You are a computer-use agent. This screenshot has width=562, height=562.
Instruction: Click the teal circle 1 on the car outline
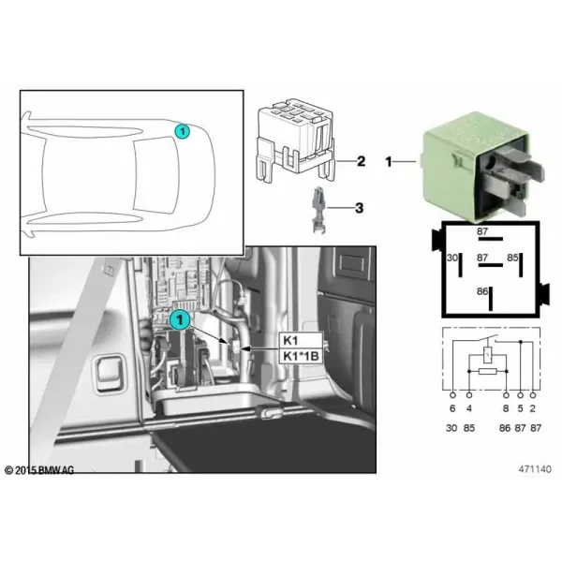(x=183, y=131)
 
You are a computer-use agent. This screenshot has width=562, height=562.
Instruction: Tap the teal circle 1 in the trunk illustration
(x=180, y=319)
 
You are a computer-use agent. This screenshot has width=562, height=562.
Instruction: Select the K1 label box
(x=301, y=340)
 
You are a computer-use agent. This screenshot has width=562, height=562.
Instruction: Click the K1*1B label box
(x=301, y=356)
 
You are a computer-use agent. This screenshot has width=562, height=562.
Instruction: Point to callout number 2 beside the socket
(x=361, y=161)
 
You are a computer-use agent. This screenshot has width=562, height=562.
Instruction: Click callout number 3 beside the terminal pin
(x=359, y=208)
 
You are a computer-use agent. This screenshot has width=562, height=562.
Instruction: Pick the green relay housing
(x=482, y=166)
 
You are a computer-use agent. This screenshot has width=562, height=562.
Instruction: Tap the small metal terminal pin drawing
(x=318, y=210)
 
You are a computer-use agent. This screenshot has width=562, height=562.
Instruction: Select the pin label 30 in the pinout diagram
(x=452, y=258)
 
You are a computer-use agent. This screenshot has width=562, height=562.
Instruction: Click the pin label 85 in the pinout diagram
(x=512, y=258)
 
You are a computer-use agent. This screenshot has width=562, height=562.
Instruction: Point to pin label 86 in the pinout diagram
(x=482, y=291)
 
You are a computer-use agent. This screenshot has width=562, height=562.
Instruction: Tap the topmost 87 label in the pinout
(x=482, y=231)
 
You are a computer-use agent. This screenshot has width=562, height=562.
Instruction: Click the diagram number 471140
(x=535, y=469)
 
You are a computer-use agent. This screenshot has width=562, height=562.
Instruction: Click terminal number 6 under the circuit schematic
(x=452, y=408)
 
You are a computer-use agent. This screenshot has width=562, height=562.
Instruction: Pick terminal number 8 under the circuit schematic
(x=506, y=408)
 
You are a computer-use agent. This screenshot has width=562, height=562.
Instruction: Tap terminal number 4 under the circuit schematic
(x=469, y=408)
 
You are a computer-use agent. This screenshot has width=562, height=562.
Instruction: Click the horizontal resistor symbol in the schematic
(x=487, y=371)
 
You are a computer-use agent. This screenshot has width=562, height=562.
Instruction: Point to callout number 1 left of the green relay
(x=389, y=162)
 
